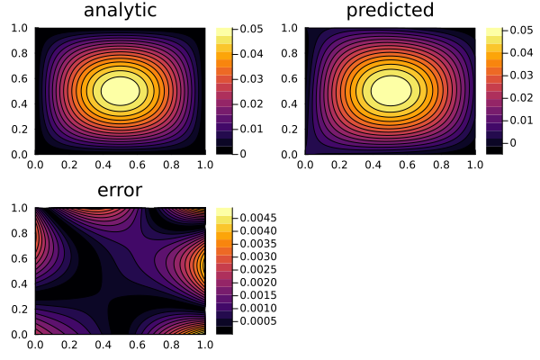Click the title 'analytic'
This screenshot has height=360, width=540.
coord(120,11)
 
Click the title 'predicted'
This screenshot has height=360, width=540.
coord(390,11)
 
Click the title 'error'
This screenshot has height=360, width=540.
coord(120,191)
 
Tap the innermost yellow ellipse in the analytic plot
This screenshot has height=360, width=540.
coord(121,91)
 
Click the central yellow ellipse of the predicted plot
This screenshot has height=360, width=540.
coord(391,91)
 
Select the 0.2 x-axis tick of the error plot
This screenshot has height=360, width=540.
coord(70,345)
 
